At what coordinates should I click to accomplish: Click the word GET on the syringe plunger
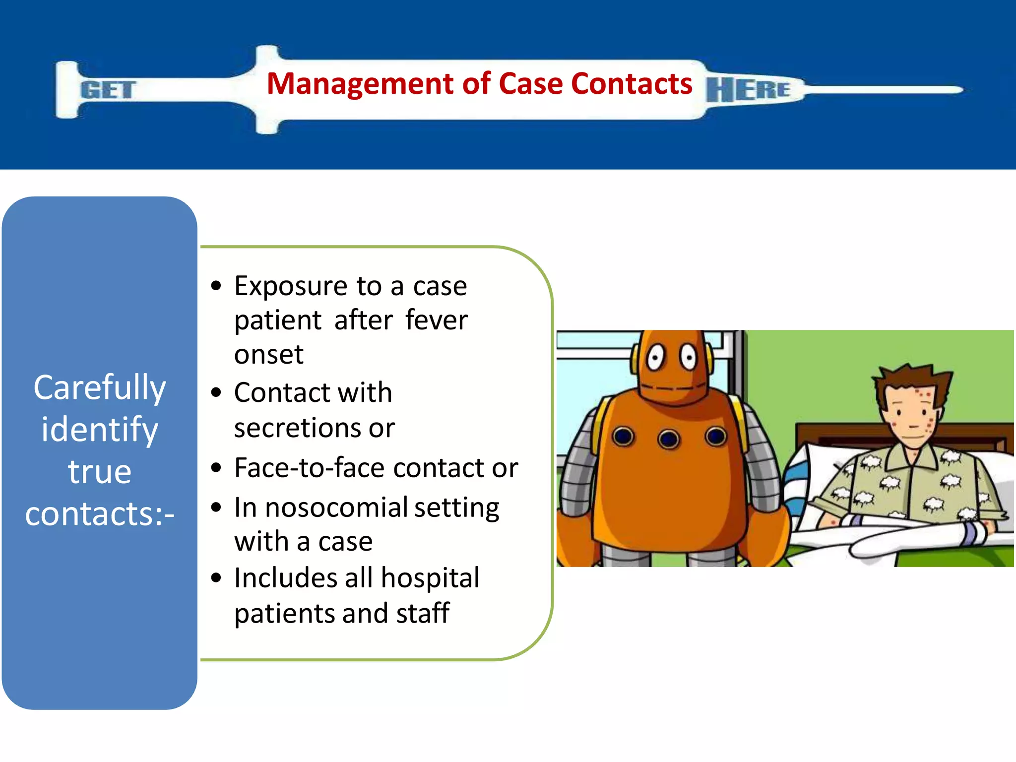pos(108,90)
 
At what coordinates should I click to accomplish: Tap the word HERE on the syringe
pos(748,90)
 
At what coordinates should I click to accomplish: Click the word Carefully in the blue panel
pos(100,388)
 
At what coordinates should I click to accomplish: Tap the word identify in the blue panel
pos(100,430)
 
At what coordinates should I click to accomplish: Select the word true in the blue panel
pos(100,471)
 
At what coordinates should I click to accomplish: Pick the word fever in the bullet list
pos(436,320)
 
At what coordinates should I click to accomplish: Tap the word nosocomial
pos(336,508)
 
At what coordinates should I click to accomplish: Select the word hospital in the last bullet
pos(430,578)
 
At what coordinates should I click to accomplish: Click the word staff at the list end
pos(423,613)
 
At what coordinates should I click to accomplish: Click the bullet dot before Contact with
pos(216,392)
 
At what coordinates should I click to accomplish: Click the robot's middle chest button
pos(669,439)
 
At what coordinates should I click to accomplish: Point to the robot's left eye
pos(656,358)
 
